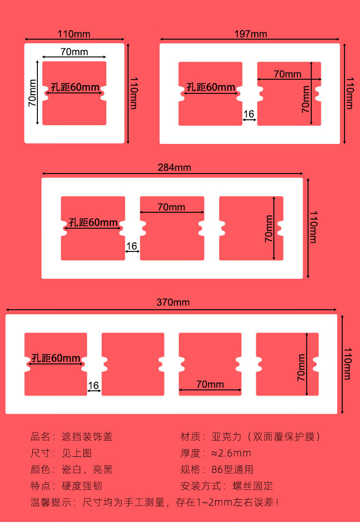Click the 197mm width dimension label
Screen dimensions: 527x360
(x=251, y=34)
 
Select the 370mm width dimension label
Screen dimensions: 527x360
(x=173, y=302)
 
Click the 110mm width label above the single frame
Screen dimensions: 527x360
(x=74, y=34)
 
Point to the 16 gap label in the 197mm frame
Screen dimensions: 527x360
(x=249, y=114)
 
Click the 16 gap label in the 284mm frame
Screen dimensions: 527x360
(x=132, y=246)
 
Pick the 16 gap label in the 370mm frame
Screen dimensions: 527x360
(x=93, y=385)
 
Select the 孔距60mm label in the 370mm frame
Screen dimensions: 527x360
(x=56, y=358)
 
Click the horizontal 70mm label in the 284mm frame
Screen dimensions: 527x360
(x=171, y=207)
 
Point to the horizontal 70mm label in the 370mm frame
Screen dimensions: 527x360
(x=210, y=384)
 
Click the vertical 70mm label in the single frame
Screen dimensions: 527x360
(x=32, y=93)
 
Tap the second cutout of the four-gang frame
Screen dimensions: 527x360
(x=133, y=364)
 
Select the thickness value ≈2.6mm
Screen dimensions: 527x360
(x=231, y=453)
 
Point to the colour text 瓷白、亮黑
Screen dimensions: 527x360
(x=87, y=470)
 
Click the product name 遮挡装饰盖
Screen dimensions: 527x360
(x=87, y=437)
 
